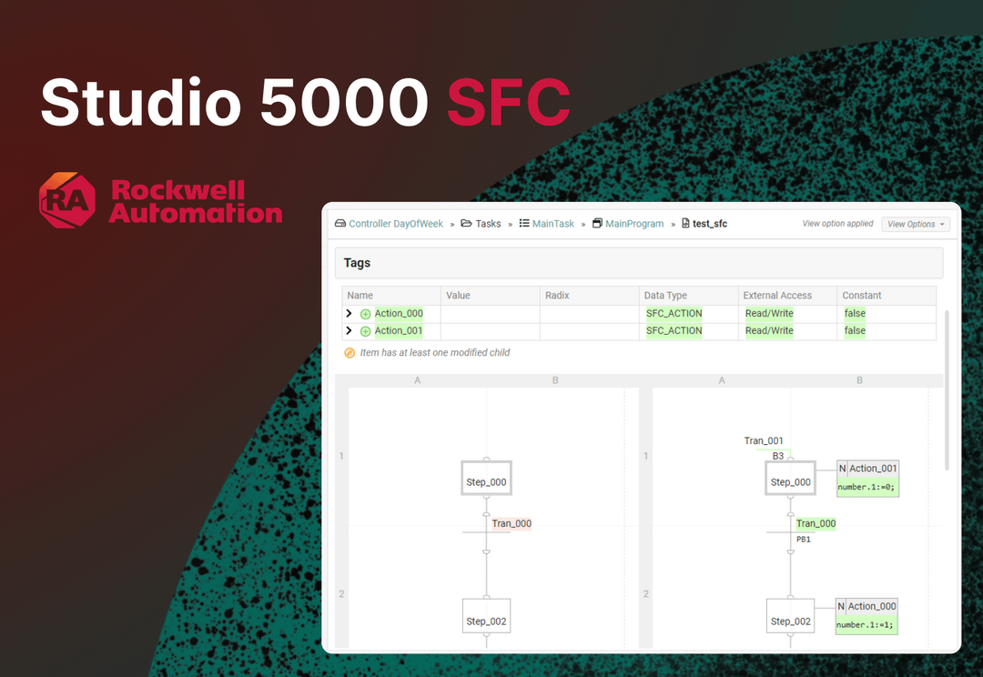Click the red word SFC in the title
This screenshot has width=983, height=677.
508,103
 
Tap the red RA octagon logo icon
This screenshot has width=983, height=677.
67,200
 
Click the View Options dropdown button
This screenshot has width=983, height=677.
915,224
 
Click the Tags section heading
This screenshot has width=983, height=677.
357,263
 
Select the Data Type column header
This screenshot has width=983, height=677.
666,296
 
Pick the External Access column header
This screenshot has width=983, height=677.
777,296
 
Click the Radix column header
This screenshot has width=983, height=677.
557,296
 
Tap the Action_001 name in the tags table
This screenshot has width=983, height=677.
399,331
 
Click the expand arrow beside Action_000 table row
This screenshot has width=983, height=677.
349,313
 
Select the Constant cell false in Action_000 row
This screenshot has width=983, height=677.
855,313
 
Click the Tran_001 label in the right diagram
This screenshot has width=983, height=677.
764,441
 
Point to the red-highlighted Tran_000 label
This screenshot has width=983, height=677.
512,523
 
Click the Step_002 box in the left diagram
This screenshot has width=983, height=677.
486,621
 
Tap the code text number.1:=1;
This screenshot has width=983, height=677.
866,625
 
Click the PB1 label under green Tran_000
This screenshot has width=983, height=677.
803,540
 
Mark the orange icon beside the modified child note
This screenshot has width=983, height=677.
350,353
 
